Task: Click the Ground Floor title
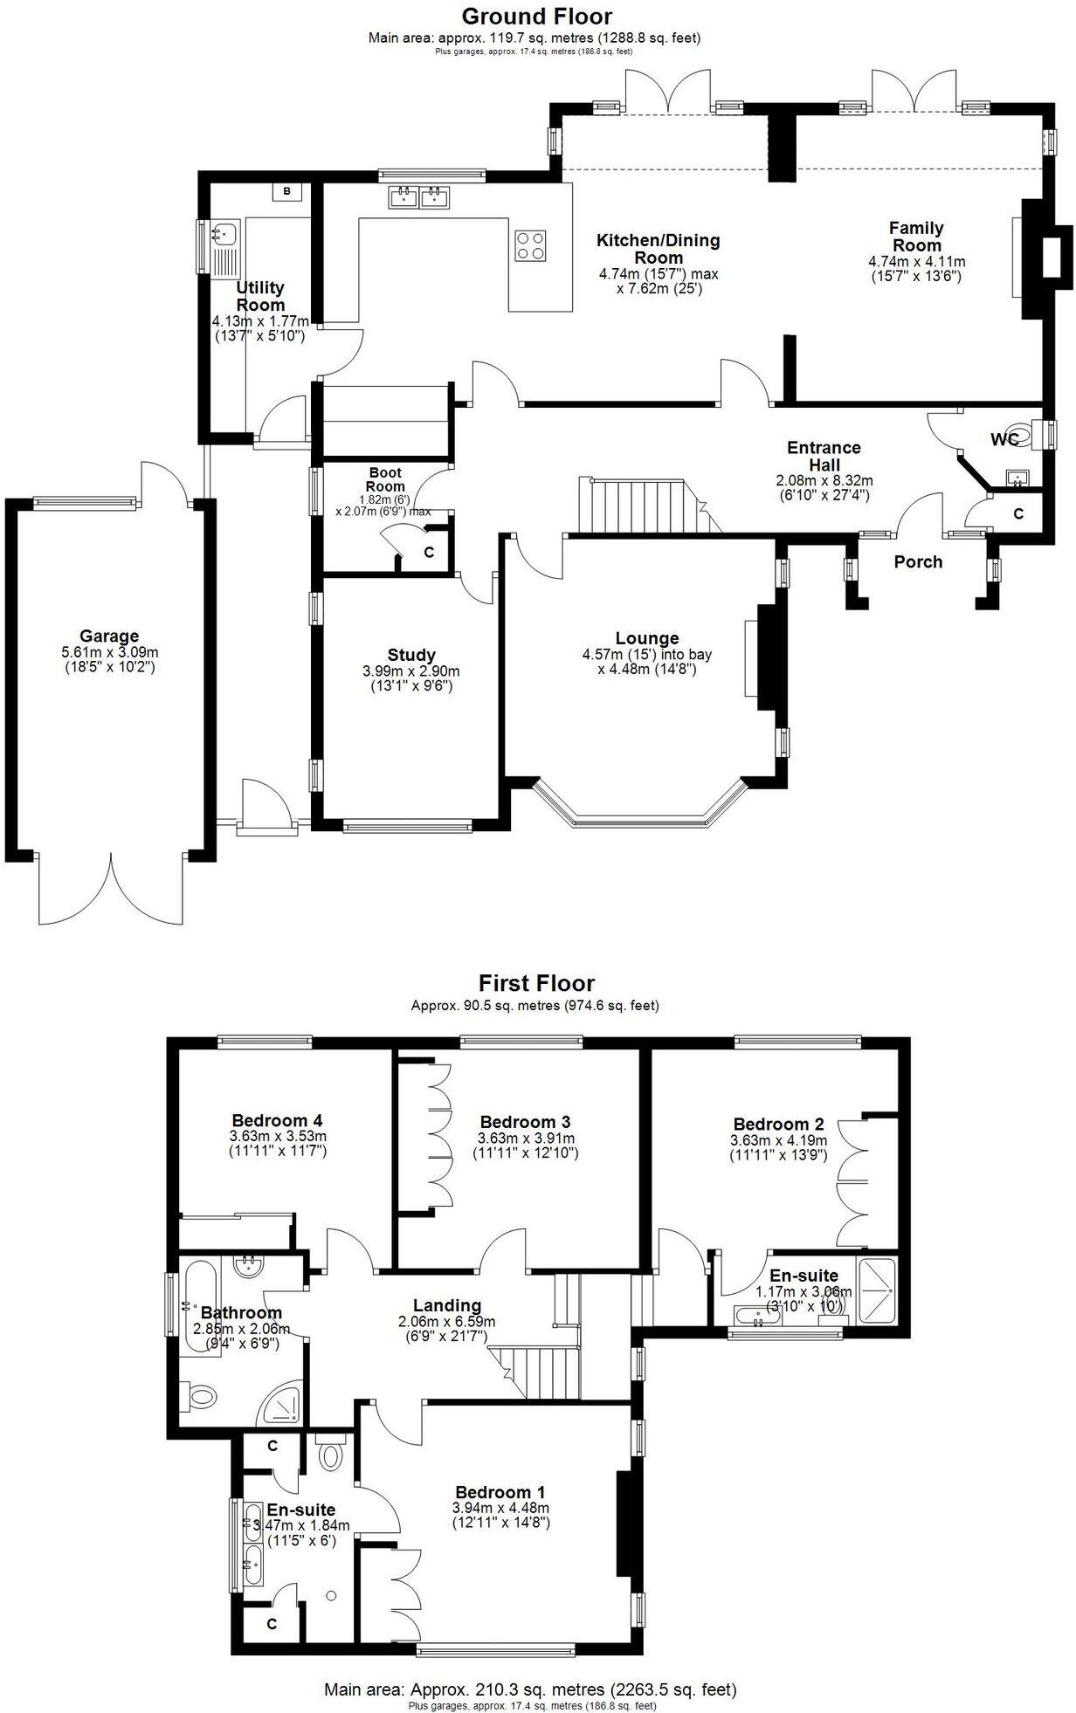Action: tap(536, 16)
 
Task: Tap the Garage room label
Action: tap(109, 636)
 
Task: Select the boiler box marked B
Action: tap(286, 190)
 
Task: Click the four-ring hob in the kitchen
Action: tap(531, 244)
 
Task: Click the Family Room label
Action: tap(916, 236)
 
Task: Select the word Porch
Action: tap(918, 561)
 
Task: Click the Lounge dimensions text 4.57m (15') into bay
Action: tap(646, 654)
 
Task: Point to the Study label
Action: tap(411, 655)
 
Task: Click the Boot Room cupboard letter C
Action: tap(429, 553)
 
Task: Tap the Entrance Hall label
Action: tap(824, 456)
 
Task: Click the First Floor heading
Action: tap(536, 983)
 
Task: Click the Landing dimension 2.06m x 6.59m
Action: tap(447, 1322)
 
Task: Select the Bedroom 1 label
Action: tap(500, 1492)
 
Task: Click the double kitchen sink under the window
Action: tap(420, 197)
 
